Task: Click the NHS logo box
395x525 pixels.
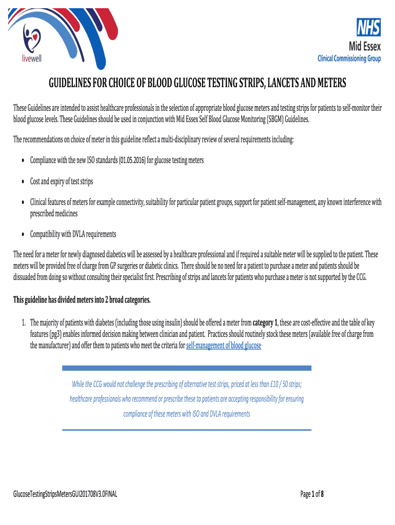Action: pyautogui.click(x=369, y=27)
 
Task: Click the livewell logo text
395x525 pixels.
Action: pyautogui.click(x=32, y=58)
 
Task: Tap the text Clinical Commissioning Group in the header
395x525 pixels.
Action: pyautogui.click(x=349, y=58)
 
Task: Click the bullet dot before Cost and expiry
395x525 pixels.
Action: pyautogui.click(x=24, y=183)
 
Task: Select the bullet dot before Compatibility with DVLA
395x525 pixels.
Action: pyautogui.click(x=24, y=235)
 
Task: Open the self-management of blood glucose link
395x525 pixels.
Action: pyautogui.click(x=223, y=346)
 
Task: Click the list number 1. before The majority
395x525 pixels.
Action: pyautogui.click(x=24, y=323)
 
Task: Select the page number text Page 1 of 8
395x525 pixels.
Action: pyautogui.click(x=311, y=494)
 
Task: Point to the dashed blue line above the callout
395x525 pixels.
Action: pyautogui.click(x=186, y=368)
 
